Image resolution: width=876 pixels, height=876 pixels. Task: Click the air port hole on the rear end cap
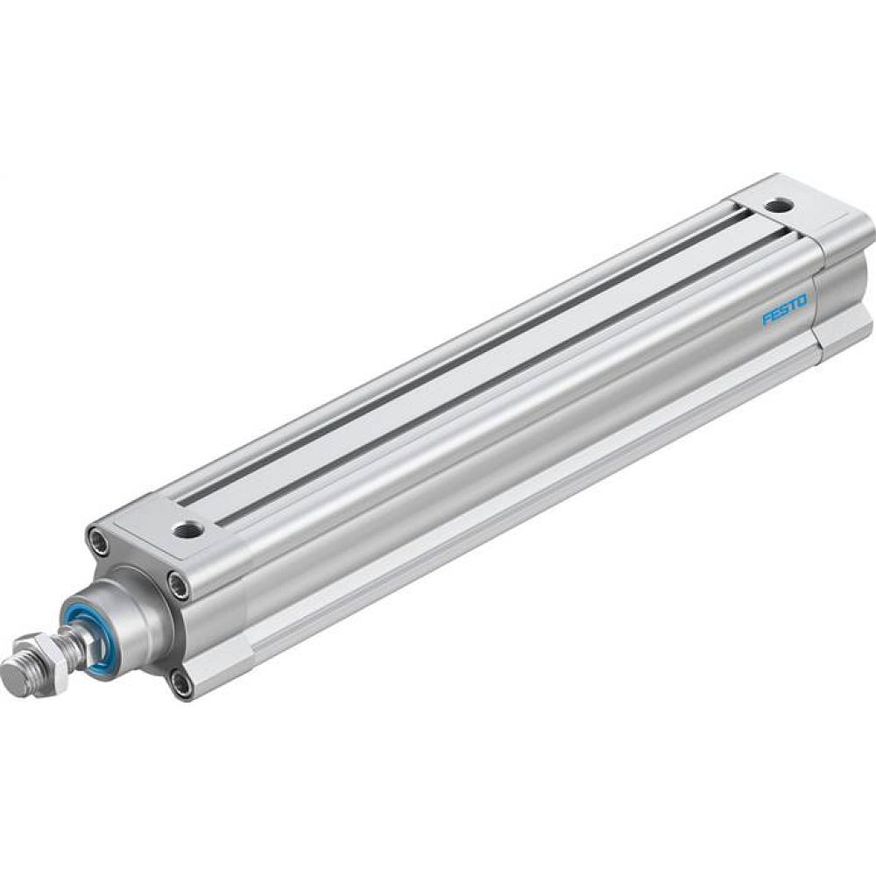pos(776,208)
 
